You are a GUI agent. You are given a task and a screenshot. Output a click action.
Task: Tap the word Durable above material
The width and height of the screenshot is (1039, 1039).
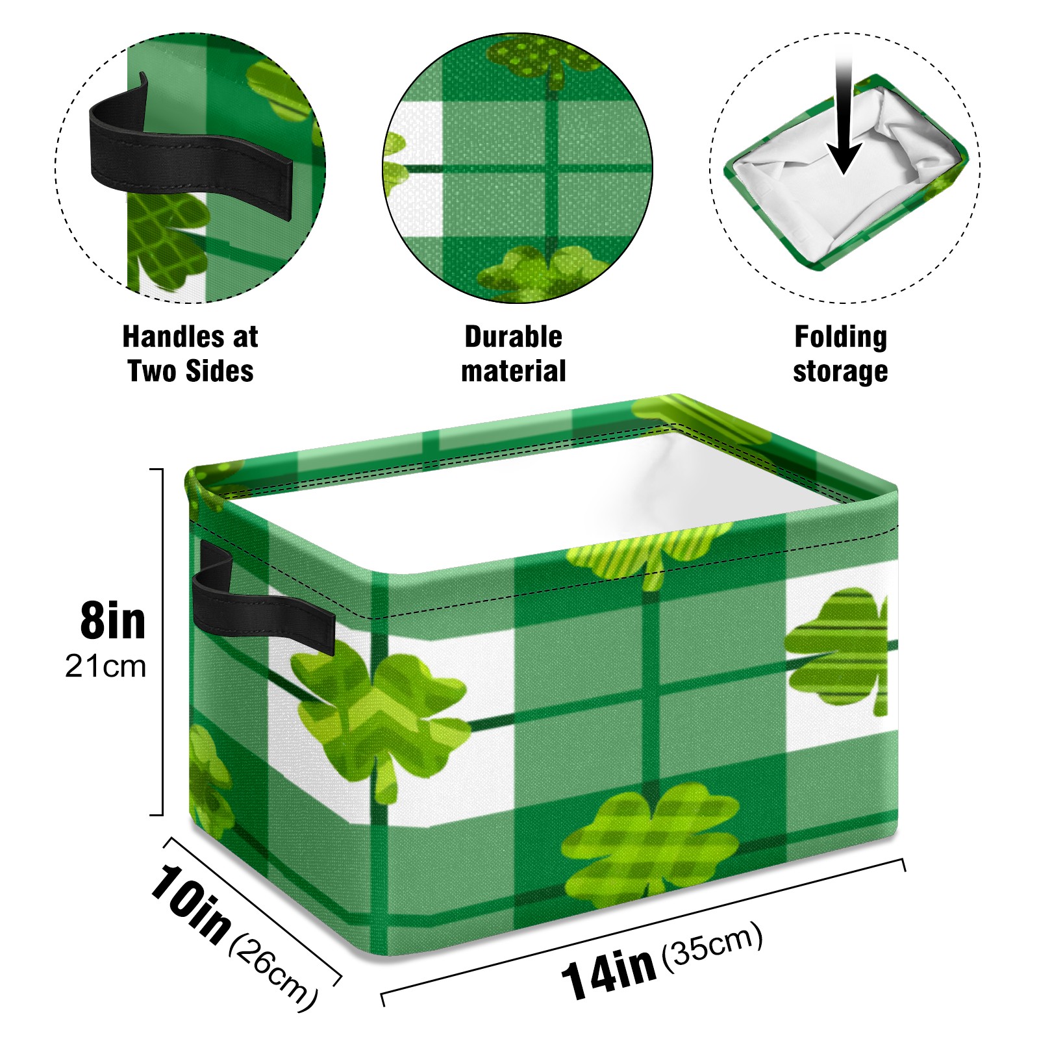513,336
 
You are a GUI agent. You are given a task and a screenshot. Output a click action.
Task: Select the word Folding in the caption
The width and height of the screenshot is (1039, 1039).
841,338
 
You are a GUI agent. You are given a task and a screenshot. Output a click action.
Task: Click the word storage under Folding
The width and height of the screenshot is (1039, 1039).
840,372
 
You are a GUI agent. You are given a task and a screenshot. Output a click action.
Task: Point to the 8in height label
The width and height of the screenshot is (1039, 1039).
113,621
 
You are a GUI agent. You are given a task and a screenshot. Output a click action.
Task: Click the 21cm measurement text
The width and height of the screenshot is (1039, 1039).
105,666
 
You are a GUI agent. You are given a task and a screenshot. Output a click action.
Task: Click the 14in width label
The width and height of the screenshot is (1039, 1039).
609,971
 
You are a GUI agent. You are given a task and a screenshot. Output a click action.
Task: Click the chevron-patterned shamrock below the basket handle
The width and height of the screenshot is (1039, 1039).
380,714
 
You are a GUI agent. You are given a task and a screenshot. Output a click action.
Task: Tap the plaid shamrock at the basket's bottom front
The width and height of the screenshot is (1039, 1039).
649,844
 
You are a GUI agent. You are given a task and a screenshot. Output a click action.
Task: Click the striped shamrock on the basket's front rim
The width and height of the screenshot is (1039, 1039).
649,552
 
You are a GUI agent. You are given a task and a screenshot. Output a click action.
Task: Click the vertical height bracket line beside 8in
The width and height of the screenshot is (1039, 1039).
162,642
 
